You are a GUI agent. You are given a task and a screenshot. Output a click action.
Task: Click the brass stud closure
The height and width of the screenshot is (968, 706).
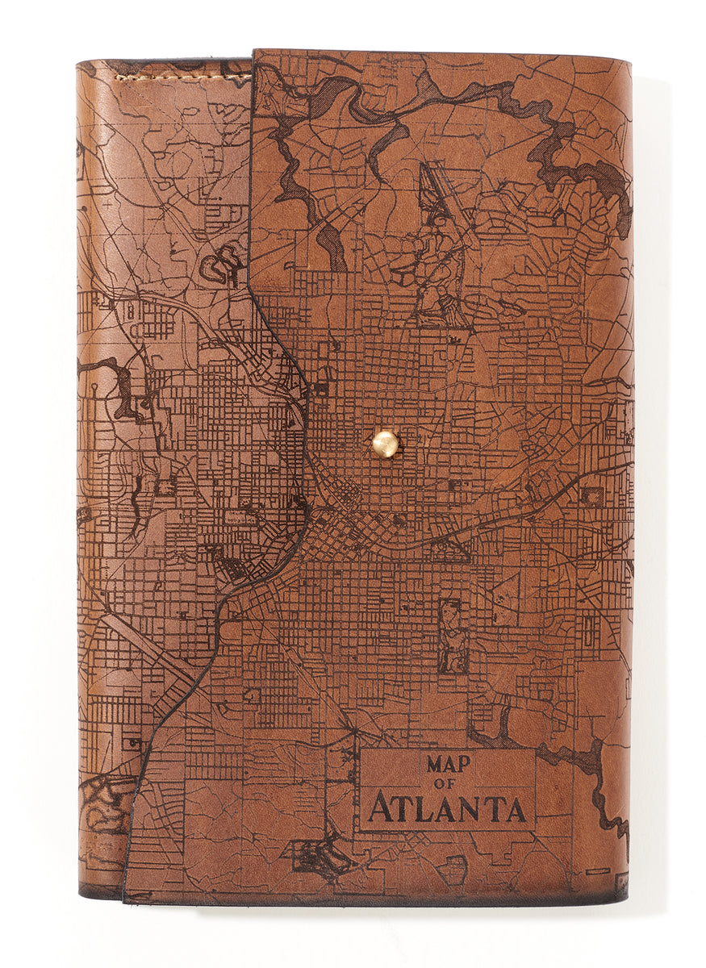pyautogui.click(x=386, y=444)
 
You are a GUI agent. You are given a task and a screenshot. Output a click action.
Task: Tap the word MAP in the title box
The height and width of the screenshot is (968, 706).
pyautogui.click(x=448, y=764)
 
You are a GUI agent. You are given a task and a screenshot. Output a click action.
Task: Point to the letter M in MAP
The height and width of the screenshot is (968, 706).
pyautogui.click(x=435, y=764)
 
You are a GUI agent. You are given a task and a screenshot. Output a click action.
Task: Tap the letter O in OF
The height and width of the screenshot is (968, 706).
pyautogui.click(x=445, y=784)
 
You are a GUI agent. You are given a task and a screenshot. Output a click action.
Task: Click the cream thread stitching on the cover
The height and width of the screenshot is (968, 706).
pyautogui.click(x=182, y=77)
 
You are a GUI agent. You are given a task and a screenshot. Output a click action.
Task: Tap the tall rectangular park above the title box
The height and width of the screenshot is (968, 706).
pyautogui.click(x=452, y=635)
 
